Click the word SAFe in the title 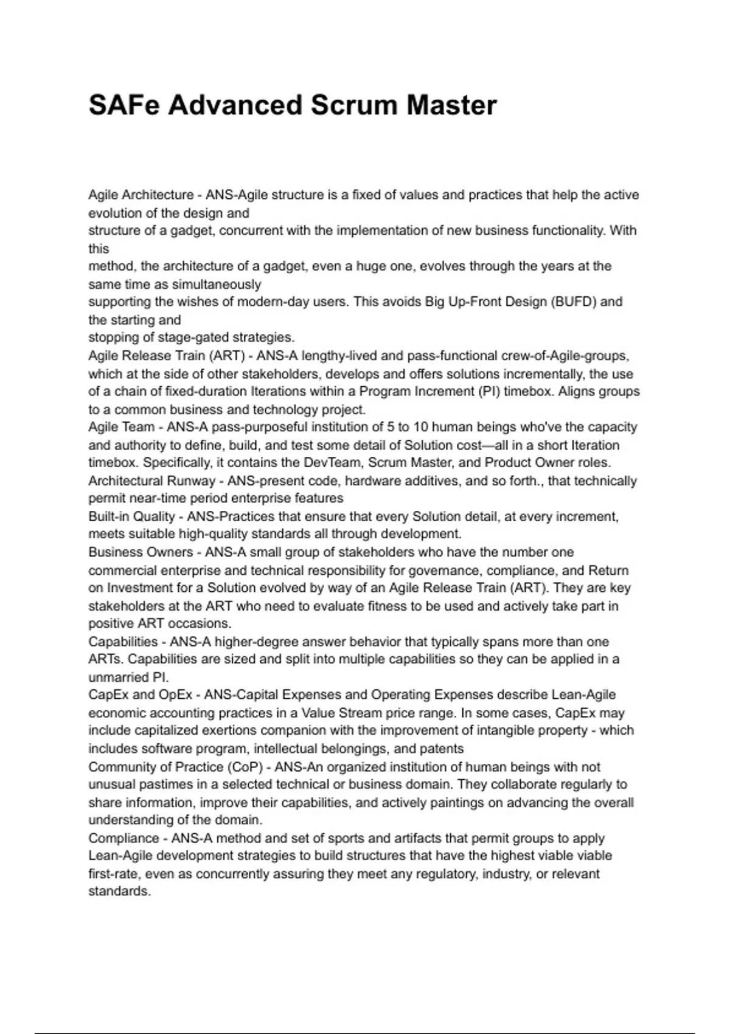(124, 105)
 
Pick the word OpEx (176, 695)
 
